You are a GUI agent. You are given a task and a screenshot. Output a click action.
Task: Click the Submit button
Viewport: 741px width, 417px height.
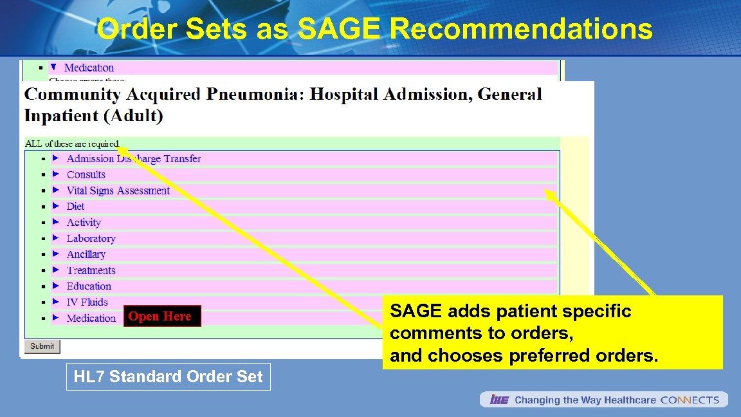(x=42, y=346)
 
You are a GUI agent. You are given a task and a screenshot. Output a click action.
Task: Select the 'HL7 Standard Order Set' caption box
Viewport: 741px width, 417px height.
(x=169, y=377)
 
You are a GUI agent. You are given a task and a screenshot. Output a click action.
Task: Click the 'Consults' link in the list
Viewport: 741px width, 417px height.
(x=86, y=174)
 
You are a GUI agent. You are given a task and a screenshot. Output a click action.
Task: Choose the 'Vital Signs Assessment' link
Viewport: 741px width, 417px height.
(x=118, y=190)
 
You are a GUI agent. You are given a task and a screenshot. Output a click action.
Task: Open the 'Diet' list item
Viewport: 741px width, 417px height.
(x=75, y=207)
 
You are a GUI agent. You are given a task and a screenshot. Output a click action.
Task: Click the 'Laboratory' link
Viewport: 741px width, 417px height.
(x=91, y=238)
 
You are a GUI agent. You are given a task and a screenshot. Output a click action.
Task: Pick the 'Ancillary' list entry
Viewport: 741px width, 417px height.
(x=86, y=254)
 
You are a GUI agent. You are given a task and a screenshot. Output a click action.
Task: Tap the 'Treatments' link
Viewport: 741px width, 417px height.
(x=91, y=270)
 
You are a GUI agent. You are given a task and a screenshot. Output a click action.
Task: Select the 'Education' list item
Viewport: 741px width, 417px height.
(x=89, y=286)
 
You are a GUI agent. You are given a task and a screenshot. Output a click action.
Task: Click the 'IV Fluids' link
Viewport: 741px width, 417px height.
(x=87, y=302)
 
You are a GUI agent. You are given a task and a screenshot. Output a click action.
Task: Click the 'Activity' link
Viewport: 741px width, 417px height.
(x=84, y=223)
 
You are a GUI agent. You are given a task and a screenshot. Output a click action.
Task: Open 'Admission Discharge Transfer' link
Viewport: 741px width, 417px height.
(x=133, y=158)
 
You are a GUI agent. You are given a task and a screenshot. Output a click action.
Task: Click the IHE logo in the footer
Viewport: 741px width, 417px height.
(x=499, y=400)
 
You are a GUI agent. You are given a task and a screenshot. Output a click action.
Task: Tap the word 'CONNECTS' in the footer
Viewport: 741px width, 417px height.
(x=690, y=400)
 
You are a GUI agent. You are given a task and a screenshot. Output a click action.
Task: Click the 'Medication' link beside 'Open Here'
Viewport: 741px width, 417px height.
(x=91, y=318)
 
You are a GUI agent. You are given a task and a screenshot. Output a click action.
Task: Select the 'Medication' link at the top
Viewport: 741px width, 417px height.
(x=89, y=68)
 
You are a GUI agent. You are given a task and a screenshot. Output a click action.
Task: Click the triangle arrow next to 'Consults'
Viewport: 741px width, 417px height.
(x=55, y=174)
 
